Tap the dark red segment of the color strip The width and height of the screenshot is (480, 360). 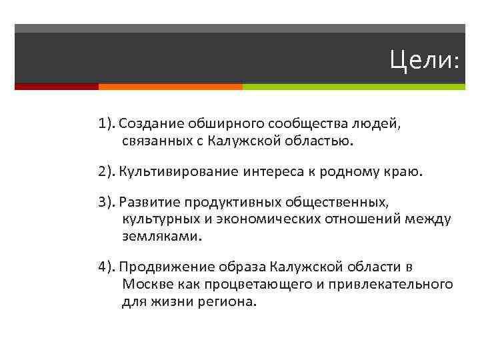pyautogui.click(x=56, y=87)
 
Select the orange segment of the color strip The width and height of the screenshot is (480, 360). pyautogui.click(x=170, y=87)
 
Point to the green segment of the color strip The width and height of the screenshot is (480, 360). pyautogui.click(x=353, y=87)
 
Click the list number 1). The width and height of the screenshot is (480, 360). pyautogui.click(x=107, y=124)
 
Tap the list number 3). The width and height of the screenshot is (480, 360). pyautogui.click(x=107, y=203)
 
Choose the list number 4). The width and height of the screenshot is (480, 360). pyautogui.click(x=107, y=268)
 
